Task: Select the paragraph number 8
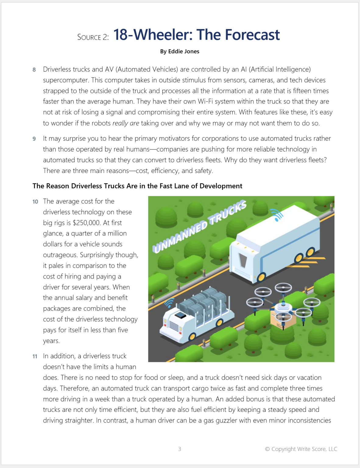34,70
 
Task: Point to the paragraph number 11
35,356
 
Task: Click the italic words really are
125,123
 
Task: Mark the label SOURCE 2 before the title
93,37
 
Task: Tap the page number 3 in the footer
180,449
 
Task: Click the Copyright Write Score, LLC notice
301,449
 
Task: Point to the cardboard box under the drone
283,320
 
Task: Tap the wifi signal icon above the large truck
277,214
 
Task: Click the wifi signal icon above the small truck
169,303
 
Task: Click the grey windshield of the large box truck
243,260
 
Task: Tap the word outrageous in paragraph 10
60,255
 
